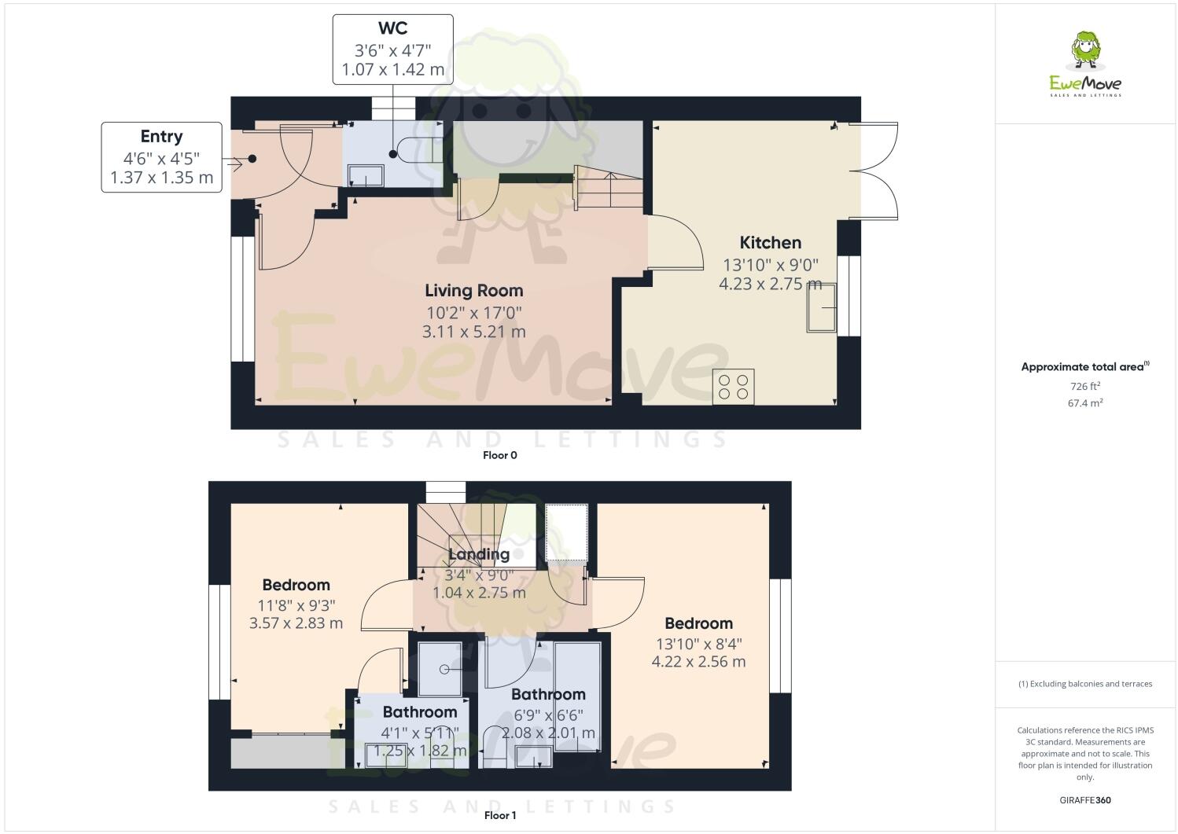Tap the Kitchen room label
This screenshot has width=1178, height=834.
pos(770,243)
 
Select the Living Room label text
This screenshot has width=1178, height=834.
pos(473,291)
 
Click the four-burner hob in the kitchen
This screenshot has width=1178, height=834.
pos(733,387)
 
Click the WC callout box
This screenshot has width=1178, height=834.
pos(392,49)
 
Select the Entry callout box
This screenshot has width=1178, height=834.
pos(161,157)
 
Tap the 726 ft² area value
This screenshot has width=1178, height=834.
pos(1084,386)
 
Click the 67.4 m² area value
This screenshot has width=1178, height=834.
pos(1084,403)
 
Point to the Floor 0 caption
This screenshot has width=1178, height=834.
pos(499,455)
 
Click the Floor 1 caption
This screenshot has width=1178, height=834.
pos(499,815)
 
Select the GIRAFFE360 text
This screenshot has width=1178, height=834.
pos(1085,801)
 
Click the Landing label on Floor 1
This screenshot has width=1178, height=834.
pos(478,554)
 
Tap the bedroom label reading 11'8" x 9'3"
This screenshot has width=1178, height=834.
pos(296,605)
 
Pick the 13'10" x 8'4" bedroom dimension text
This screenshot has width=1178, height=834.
pos(698,644)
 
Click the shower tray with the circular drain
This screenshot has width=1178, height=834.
pos(440,669)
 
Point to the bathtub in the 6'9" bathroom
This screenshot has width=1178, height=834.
pos(577,696)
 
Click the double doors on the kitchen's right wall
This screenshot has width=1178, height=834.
pos(874,171)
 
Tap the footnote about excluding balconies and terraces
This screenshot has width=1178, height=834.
pos(1085,684)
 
